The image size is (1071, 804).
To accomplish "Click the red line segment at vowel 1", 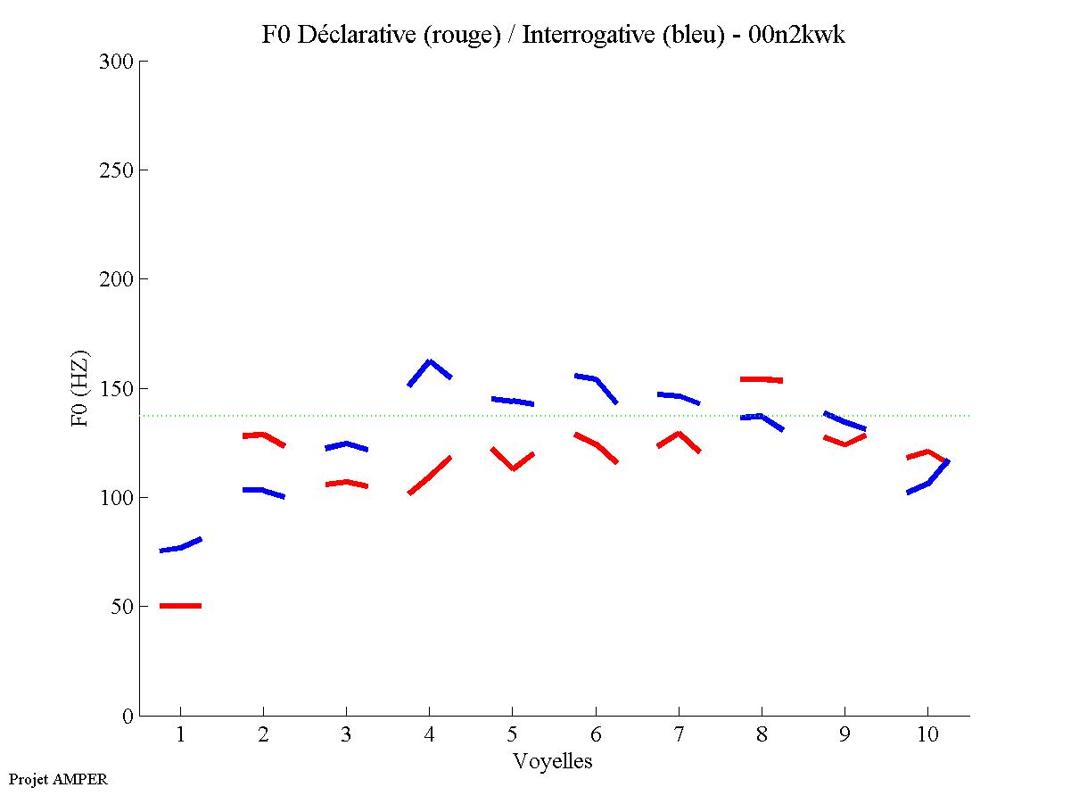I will (x=180, y=606).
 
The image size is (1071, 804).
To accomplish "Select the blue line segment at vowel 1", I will (x=181, y=547).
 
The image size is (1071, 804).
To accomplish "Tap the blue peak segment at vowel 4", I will (x=430, y=362).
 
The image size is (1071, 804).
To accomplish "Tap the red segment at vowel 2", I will (x=263, y=435).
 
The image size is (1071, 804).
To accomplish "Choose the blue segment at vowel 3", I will (x=346, y=443).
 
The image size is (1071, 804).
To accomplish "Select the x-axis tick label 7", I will (x=679, y=735).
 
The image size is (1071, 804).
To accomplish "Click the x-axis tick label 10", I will (x=927, y=735).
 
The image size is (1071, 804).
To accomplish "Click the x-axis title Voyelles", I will (x=553, y=761).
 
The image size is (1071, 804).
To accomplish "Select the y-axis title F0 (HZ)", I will (x=81, y=389).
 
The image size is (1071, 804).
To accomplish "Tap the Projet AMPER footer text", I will (x=58, y=779).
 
